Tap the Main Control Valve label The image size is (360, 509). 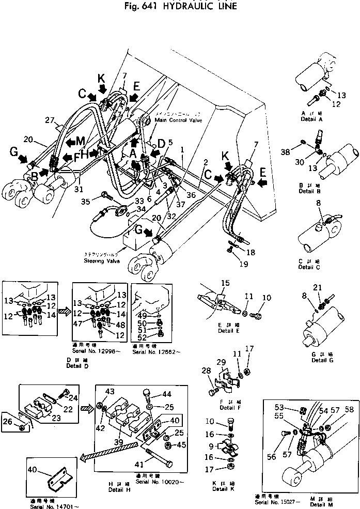point(179,119)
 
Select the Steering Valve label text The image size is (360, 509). point(101,261)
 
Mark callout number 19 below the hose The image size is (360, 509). point(244,264)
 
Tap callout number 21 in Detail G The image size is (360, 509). point(318,288)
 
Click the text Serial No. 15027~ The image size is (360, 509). point(274,501)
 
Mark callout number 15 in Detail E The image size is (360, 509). point(225,283)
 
